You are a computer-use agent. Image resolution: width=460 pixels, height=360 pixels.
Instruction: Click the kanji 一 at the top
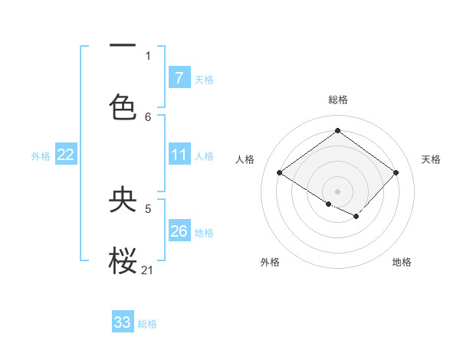click(x=123, y=45)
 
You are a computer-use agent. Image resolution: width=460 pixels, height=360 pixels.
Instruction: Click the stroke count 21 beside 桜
click(x=148, y=270)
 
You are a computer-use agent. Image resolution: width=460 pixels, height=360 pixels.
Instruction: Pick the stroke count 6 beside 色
click(x=148, y=116)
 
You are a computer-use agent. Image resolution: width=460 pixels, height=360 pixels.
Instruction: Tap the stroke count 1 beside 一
click(x=148, y=55)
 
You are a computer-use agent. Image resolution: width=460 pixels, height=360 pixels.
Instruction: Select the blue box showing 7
click(x=179, y=78)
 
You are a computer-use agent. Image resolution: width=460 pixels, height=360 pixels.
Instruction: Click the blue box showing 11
click(x=179, y=155)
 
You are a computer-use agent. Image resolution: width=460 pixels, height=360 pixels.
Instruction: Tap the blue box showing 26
click(x=179, y=231)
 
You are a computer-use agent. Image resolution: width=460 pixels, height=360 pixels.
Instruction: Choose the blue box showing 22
click(x=65, y=155)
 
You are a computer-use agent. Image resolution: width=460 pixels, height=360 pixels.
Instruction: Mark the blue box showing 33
click(x=123, y=322)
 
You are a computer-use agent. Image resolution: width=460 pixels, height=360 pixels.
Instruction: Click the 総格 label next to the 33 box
click(x=147, y=324)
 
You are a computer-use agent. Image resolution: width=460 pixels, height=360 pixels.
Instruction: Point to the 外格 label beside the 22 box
click(x=41, y=156)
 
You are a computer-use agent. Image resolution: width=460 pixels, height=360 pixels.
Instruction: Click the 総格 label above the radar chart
click(x=337, y=100)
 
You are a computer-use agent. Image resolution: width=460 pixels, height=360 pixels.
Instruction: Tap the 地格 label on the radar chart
click(x=402, y=262)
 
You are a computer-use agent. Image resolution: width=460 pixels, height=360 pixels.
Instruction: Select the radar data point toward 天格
click(x=396, y=172)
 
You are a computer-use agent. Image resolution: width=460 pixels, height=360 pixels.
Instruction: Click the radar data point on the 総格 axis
click(x=337, y=131)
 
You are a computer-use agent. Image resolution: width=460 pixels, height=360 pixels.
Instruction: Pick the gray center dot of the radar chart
click(x=337, y=191)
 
